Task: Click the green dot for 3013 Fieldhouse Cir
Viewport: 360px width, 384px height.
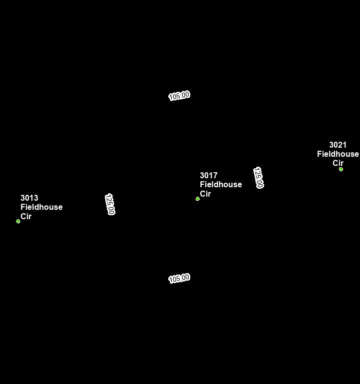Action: [18, 221]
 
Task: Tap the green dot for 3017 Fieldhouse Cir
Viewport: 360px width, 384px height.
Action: [198, 199]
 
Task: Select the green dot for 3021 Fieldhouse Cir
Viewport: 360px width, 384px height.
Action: [341, 169]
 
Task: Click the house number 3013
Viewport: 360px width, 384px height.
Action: [29, 198]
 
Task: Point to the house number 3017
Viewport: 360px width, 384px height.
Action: [208, 176]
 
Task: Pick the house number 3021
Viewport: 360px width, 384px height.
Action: [338, 145]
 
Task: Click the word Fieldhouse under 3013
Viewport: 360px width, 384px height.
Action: [41, 207]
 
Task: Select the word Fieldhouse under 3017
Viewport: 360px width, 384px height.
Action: [221, 185]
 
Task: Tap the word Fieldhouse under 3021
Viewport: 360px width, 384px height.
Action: [338, 154]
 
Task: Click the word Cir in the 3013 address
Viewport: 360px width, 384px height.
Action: [26, 216]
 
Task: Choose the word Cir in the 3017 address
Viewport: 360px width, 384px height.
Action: [205, 194]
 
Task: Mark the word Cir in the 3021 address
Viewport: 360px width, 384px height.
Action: [338, 163]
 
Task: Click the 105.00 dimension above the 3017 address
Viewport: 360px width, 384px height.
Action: [179, 95]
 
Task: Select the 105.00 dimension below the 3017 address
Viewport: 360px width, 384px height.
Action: [179, 278]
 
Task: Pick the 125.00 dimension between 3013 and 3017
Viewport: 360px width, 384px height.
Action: [110, 204]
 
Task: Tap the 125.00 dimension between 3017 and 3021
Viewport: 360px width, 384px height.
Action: [258, 178]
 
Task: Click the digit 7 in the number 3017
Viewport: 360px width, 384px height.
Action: [215, 176]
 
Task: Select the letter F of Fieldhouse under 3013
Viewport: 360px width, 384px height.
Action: [22, 207]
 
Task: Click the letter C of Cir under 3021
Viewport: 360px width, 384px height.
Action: [335, 163]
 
